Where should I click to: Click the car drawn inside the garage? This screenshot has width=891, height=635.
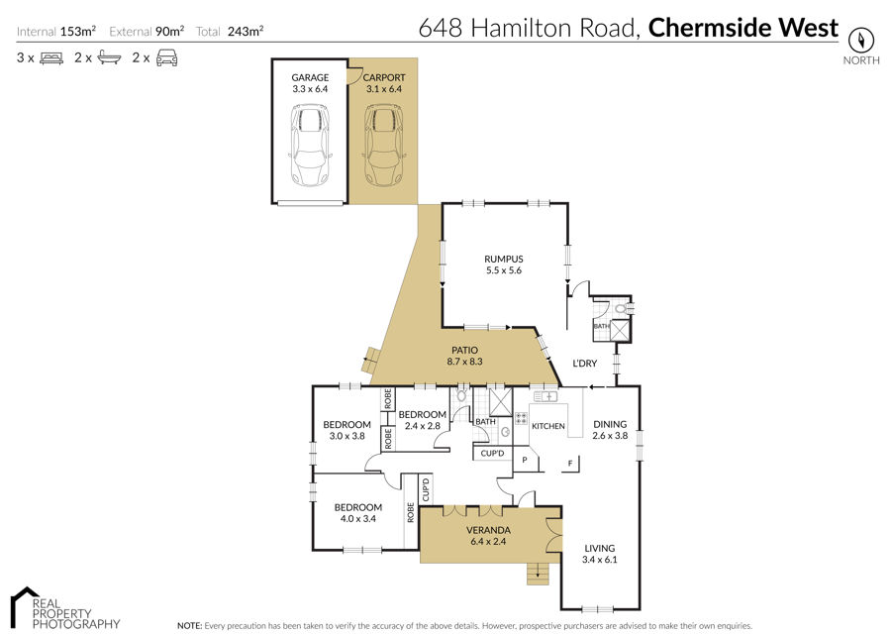(310, 145)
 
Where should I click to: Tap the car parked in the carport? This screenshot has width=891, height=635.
(383, 145)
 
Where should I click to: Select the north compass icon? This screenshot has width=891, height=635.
(860, 40)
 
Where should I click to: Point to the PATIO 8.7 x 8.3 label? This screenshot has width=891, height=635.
(464, 356)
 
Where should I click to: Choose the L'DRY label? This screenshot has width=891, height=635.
(584, 364)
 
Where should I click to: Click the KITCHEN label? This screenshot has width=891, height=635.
(547, 426)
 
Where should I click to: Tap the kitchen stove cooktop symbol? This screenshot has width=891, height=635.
(521, 419)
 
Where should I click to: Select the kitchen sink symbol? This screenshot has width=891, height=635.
(544, 396)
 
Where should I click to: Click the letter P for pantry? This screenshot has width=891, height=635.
(525, 460)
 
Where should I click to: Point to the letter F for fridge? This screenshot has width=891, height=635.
(570, 464)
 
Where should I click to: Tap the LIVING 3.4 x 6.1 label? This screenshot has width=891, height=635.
(600, 554)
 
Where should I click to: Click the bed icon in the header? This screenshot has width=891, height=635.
(51, 58)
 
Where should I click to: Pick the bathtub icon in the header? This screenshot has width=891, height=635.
(109, 58)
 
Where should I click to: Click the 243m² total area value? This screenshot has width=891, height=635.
(246, 32)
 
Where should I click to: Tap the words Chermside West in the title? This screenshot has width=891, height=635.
(743, 28)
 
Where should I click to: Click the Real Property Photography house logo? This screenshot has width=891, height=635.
(26, 606)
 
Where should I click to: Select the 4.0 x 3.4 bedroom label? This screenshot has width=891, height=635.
(358, 518)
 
